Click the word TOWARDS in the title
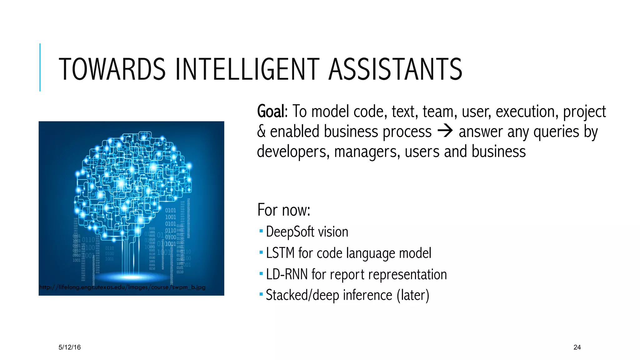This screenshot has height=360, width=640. point(112,69)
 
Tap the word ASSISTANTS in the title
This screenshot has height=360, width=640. point(395,69)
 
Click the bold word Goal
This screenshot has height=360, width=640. point(271,112)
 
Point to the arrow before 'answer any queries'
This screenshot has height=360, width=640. point(445,131)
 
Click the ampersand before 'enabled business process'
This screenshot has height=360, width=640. point(261,132)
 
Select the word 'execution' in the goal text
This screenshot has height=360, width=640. point(527,112)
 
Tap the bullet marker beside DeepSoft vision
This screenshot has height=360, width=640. point(261,231)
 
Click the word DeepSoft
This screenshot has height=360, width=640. point(290,232)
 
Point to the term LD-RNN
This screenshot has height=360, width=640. point(287,274)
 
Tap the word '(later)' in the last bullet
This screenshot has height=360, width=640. point(413,295)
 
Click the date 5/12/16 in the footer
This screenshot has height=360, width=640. point(69,347)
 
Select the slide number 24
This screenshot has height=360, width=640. point(577,347)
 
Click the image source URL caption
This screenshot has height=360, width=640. point(122,287)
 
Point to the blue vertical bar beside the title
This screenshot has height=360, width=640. point(40,67)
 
